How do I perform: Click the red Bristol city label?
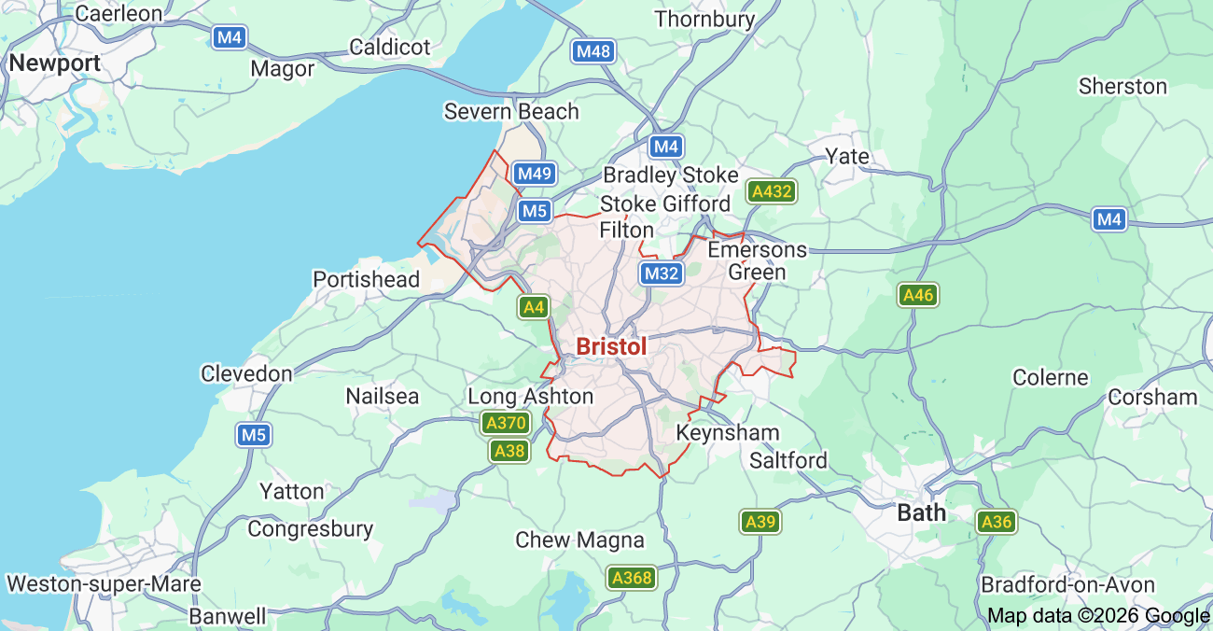click(611, 346)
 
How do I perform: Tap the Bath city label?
click(921, 512)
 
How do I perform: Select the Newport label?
click(55, 63)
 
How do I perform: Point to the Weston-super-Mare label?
click(103, 584)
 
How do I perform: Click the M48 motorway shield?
click(593, 51)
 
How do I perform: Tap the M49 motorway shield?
click(536, 174)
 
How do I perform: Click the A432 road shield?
click(772, 192)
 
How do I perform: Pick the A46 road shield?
click(918, 296)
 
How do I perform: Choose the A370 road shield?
click(507, 423)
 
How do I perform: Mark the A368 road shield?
click(631, 578)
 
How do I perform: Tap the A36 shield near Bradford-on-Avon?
click(997, 522)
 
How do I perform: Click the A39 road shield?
click(760, 522)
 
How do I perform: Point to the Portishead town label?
click(366, 279)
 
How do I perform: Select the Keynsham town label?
click(727, 433)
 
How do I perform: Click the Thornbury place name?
click(704, 19)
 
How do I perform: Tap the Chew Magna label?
click(579, 540)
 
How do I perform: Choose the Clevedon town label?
click(246, 373)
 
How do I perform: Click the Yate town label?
click(847, 156)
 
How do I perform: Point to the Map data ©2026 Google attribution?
click(1098, 615)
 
